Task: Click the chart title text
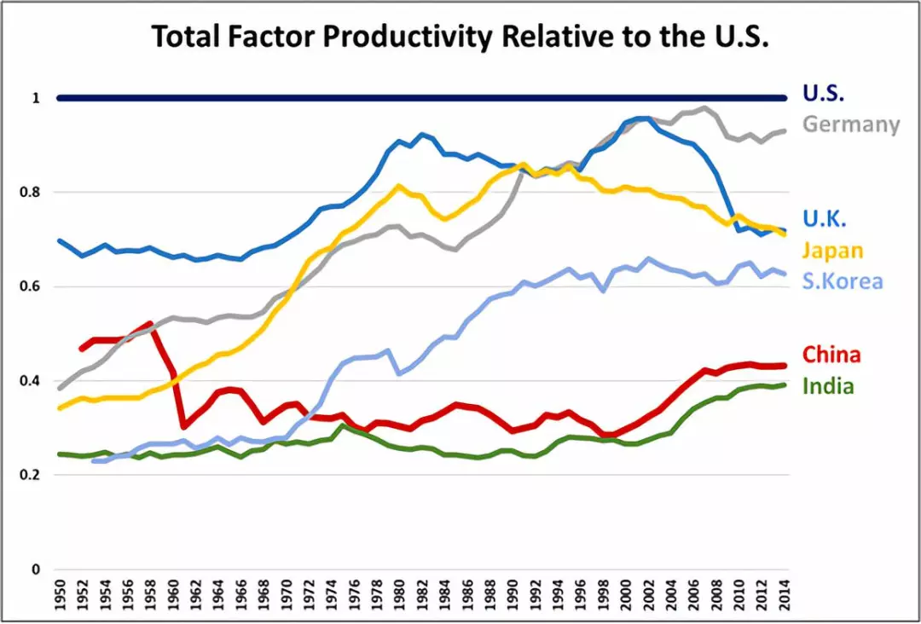coord(460,37)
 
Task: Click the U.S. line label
coord(823,94)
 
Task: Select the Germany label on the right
coord(851,124)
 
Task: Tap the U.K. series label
coord(824,219)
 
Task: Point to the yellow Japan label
coord(833,251)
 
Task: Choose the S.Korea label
coord(843,282)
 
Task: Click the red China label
coord(831,355)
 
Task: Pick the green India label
coord(828,386)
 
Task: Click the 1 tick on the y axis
coord(36,99)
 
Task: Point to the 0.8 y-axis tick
coord(31,193)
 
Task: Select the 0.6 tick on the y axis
coord(31,286)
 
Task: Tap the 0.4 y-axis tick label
coord(31,380)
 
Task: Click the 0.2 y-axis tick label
coord(31,475)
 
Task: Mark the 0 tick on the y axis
coord(35,569)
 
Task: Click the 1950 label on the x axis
coord(59,596)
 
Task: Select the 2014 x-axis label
coord(785,596)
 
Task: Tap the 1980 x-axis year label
coord(399,596)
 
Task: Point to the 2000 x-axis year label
coord(626,596)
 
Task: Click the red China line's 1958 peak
coord(150,324)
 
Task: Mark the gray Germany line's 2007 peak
coord(704,108)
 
